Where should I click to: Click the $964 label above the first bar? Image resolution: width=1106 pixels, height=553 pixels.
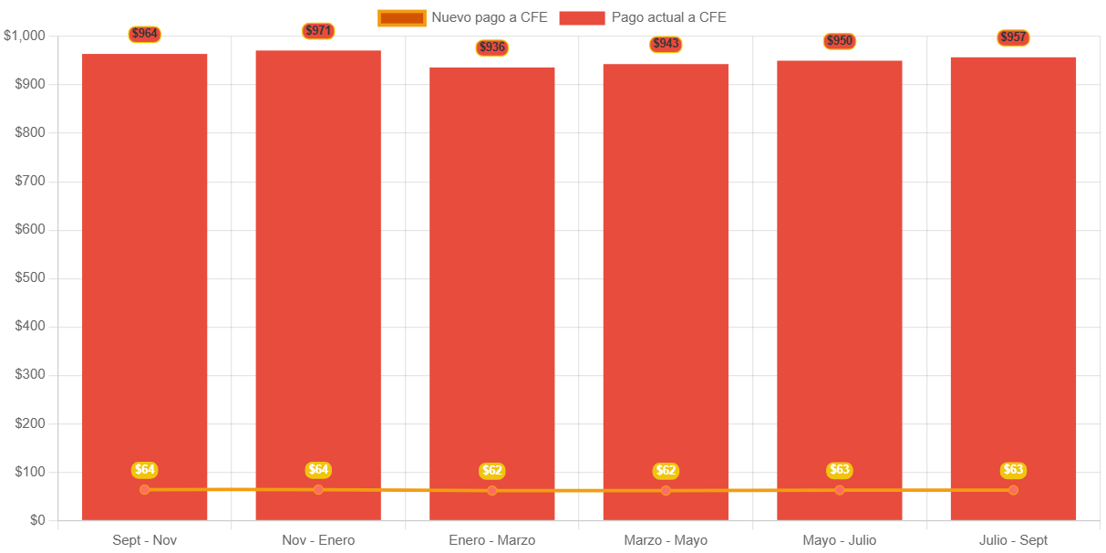coord(145,35)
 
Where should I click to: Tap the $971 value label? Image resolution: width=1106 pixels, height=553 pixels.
coord(318,31)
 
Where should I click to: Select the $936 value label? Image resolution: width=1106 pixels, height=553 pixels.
coord(491,47)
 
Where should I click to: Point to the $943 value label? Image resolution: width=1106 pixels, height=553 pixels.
coord(666,44)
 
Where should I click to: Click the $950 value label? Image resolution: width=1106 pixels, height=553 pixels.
coord(840,41)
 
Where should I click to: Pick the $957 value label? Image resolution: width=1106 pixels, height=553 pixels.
coord(1013,37)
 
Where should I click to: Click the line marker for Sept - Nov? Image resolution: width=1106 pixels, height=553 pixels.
coord(145,490)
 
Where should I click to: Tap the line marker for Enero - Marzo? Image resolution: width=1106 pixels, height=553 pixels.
coord(492,491)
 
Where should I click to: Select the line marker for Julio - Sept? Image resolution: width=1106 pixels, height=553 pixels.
coord(1013,490)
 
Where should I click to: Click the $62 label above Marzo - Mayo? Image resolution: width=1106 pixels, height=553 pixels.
coord(666,471)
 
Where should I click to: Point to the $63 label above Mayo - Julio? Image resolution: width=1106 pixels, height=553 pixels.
coord(840,470)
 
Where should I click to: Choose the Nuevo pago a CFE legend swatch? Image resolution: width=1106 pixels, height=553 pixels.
coord(401,17)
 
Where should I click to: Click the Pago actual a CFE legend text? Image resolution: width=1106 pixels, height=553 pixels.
coord(668,17)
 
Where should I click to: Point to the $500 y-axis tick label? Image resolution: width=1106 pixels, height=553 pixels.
coord(30,277)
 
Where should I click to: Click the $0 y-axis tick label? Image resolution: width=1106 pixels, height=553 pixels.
coord(36,520)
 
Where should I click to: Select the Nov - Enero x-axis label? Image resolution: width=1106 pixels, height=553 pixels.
coord(318,540)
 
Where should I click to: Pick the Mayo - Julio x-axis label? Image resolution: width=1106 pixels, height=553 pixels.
coord(840,540)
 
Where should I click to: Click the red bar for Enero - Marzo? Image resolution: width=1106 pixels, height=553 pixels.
coord(492,274)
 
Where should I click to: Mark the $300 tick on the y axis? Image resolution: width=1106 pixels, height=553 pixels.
coord(30,374)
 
